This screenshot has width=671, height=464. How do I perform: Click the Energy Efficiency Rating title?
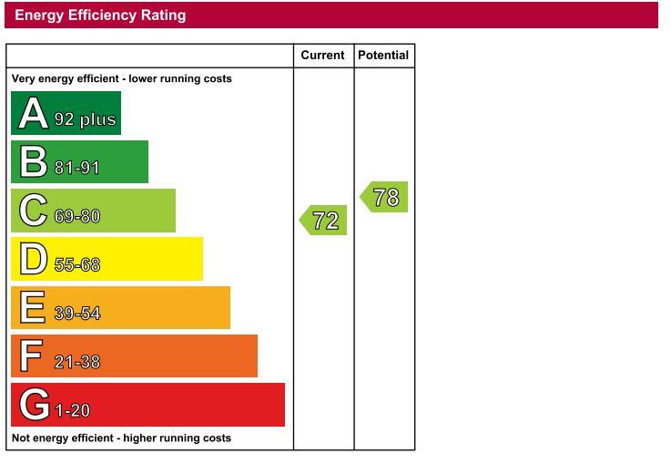pyautogui.click(x=100, y=15)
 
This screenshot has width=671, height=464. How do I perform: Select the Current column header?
pyautogui.click(x=322, y=56)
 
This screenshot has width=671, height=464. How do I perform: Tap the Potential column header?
pyautogui.click(x=383, y=56)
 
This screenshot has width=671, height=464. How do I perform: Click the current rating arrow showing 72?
pyautogui.click(x=324, y=221)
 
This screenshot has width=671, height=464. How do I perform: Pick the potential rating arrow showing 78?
pyautogui.click(x=385, y=198)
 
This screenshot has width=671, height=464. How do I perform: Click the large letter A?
pyautogui.click(x=34, y=114)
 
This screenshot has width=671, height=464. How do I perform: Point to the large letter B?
pyautogui.click(x=34, y=162)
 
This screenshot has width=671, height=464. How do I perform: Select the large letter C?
pyautogui.click(x=34, y=211)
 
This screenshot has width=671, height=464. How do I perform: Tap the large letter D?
pyautogui.click(x=34, y=259)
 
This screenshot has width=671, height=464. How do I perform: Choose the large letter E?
pyautogui.click(x=33, y=307)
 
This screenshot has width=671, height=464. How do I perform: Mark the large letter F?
pyautogui.click(x=32, y=356)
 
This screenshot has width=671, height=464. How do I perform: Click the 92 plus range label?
pyautogui.click(x=85, y=119)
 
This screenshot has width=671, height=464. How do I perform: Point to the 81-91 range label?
pyautogui.click(x=76, y=168)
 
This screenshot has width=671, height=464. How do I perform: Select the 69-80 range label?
pyautogui.click(x=76, y=217)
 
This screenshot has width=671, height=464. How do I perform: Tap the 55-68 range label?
pyautogui.click(x=76, y=265)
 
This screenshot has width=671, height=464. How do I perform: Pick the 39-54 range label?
pyautogui.click(x=76, y=314)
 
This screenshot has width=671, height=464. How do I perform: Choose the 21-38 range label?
pyautogui.click(x=76, y=362)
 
